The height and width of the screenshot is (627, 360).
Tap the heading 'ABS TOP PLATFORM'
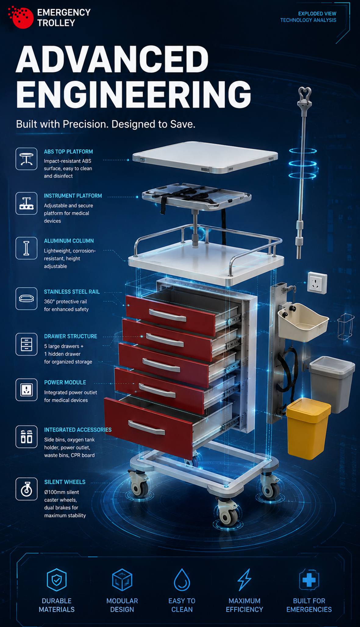(68, 151)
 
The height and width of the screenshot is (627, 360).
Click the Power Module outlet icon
(27, 390)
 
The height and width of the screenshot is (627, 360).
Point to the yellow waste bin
(308, 428)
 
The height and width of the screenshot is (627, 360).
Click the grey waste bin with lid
(332, 384)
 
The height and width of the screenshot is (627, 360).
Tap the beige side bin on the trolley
(303, 322)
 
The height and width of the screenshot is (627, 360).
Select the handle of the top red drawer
(167, 315)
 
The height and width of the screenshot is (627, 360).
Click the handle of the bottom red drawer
(147, 428)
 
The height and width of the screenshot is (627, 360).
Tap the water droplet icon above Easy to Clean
(182, 579)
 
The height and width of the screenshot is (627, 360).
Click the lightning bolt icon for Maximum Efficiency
(244, 579)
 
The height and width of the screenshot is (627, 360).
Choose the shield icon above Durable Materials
(57, 579)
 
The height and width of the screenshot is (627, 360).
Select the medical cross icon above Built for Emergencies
(309, 579)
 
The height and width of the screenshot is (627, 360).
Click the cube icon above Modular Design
(122, 579)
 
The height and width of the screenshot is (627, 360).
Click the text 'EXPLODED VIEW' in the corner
(317, 14)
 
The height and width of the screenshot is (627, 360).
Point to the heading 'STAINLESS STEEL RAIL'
(72, 292)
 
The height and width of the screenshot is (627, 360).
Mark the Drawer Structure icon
(27, 344)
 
